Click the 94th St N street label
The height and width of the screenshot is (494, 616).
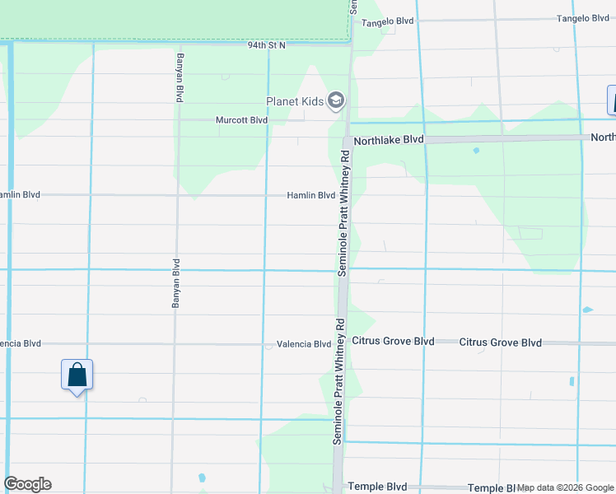266,45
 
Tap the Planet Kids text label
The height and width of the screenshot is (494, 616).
292,102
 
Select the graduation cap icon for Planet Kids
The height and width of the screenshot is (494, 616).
335,101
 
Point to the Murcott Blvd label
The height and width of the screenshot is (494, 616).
241,120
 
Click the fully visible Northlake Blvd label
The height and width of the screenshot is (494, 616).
388,140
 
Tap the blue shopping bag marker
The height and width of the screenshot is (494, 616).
77,375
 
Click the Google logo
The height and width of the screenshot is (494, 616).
27,484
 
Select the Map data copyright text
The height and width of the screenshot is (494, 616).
565,487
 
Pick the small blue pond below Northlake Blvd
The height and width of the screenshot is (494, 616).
476,151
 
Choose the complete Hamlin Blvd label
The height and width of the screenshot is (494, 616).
310,196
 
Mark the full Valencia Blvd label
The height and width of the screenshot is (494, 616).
303,344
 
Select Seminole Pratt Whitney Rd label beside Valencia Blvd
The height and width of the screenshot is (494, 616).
338,380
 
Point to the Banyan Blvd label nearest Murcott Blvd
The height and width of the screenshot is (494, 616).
179,77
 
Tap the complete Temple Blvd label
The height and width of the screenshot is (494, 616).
378,487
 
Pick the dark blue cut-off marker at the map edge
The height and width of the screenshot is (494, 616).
612,100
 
